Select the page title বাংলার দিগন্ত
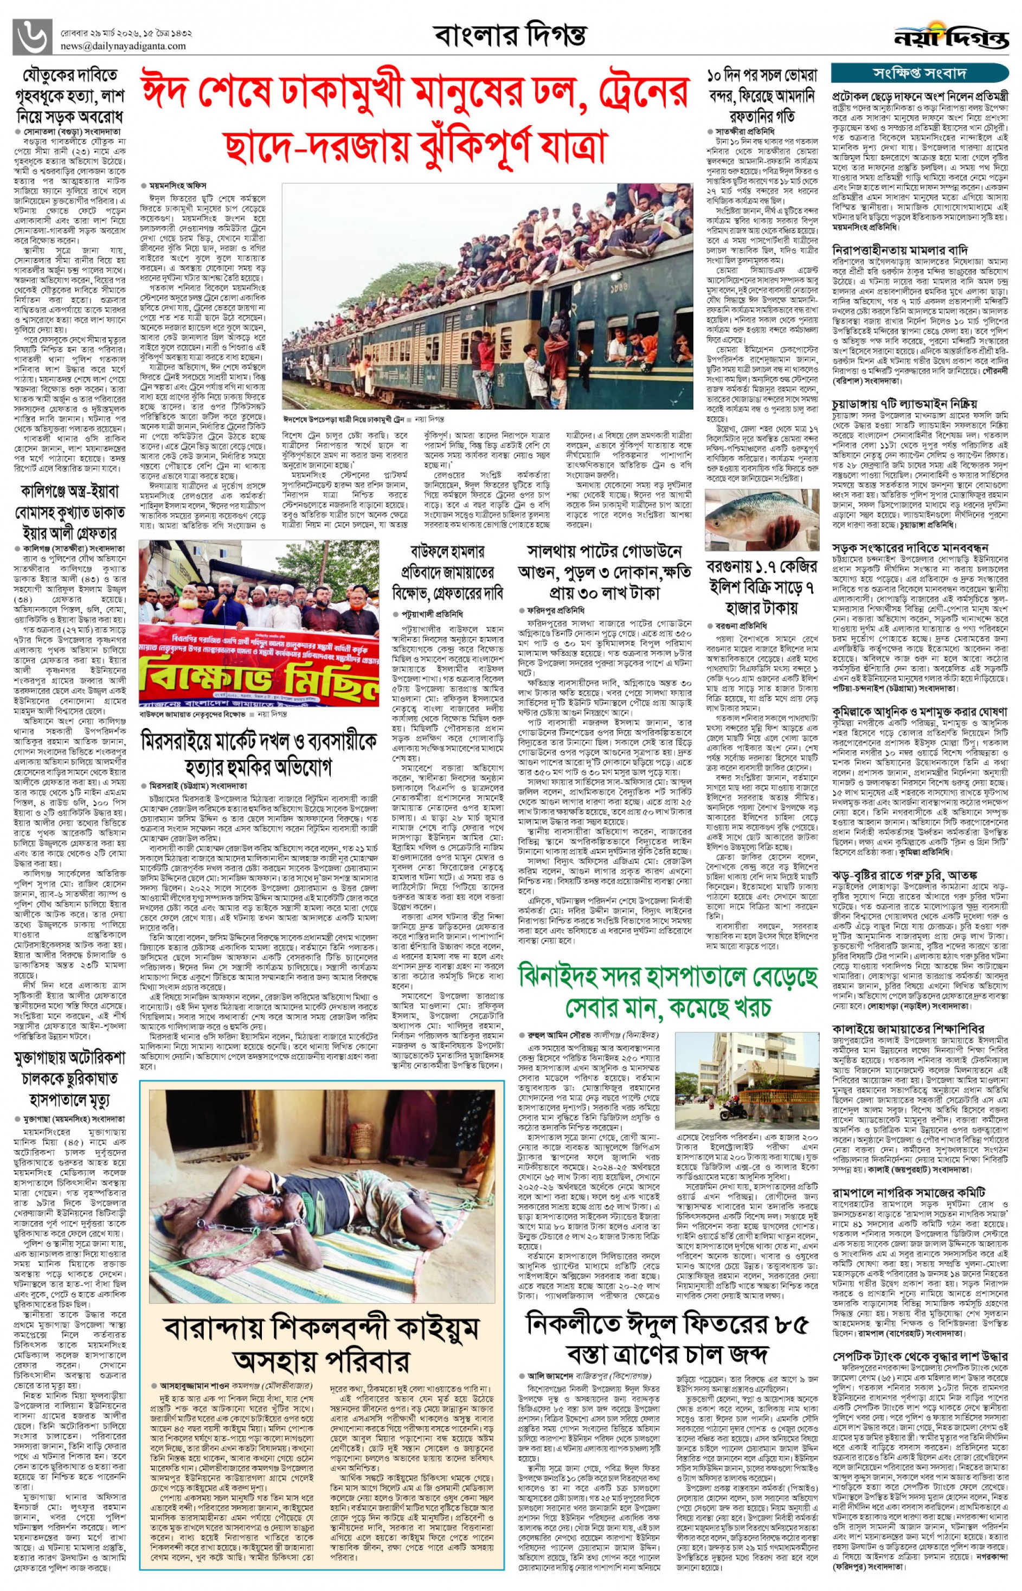(x=510, y=35)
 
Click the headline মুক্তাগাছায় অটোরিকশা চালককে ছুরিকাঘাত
(x=70, y=1078)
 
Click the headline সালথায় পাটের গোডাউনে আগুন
(x=605, y=572)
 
